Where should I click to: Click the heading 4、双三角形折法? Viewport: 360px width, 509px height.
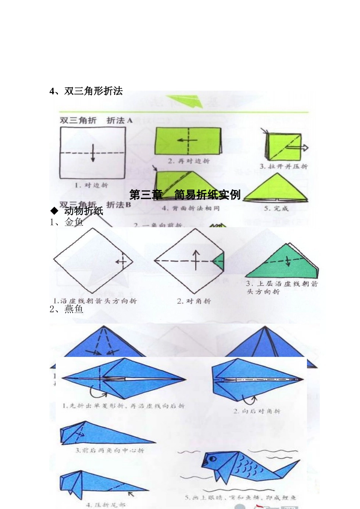click(86, 91)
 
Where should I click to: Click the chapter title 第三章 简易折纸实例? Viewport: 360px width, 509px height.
click(185, 195)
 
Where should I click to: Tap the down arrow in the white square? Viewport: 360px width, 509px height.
click(93, 153)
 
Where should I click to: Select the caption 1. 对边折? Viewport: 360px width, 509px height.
click(91, 185)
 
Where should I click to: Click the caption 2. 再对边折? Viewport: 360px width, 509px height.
click(189, 161)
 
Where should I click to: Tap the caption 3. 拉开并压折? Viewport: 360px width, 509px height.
click(283, 166)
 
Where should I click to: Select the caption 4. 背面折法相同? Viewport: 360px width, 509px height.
click(191, 208)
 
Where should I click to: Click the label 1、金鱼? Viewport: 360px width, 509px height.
click(67, 222)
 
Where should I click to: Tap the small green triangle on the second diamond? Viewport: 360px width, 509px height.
click(219, 262)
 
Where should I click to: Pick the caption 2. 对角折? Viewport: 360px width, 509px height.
click(194, 301)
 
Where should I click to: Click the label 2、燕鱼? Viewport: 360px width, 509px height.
click(67, 309)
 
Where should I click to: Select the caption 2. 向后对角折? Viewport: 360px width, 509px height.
click(257, 411)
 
